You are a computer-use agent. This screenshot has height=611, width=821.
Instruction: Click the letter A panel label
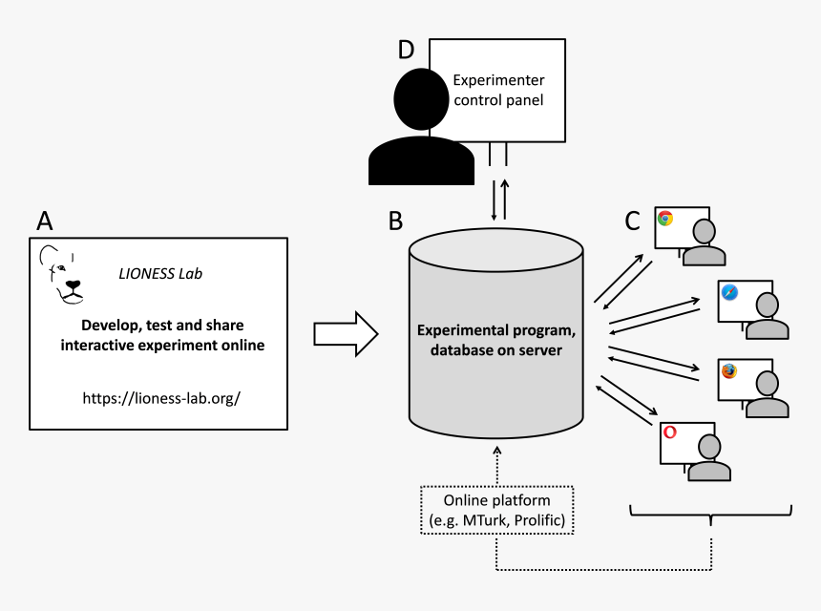tap(44, 221)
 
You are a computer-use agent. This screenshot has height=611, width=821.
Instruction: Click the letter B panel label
tap(396, 221)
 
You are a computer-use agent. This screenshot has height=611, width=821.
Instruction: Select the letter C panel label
tap(632, 221)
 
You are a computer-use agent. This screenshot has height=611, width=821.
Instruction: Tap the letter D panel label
tap(406, 51)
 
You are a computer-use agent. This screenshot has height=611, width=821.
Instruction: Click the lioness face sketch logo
tap(63, 276)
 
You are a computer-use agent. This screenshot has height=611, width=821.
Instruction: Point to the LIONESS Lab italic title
tap(160, 274)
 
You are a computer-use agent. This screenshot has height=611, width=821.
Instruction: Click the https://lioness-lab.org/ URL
tap(160, 395)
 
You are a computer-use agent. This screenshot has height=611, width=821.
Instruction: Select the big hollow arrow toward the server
tap(346, 333)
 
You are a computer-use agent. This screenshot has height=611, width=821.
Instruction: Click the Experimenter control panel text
tap(497, 90)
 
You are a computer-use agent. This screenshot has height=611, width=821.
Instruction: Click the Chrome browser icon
tap(665, 219)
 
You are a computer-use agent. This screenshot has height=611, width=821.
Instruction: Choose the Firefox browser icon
tap(729, 370)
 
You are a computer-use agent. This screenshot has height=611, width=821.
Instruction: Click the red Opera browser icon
tap(670, 432)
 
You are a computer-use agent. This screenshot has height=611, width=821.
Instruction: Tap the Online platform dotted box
tap(496, 511)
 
